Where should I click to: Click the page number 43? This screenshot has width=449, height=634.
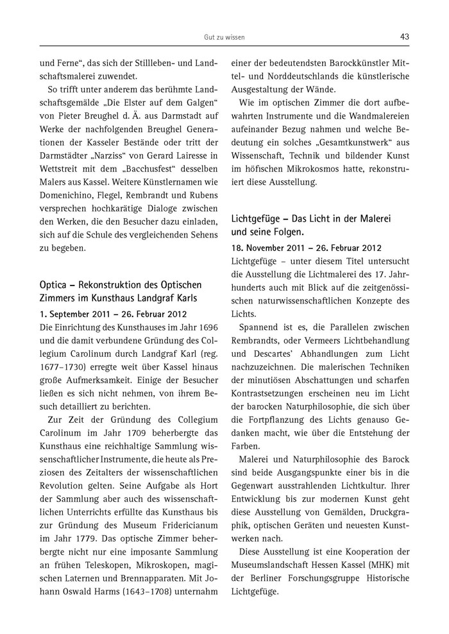(404, 37)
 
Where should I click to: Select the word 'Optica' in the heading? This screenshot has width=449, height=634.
(56, 284)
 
